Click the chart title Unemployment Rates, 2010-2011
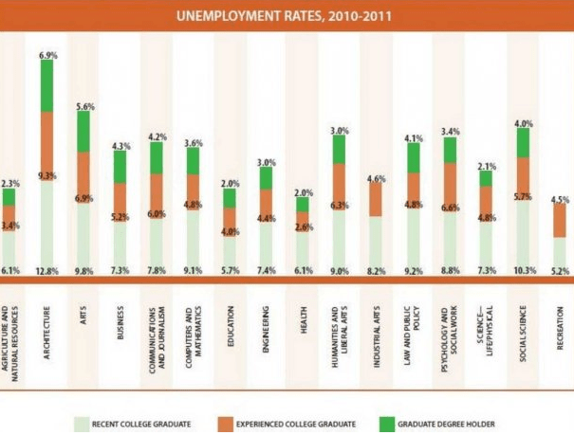point(287,15)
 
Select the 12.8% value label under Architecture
point(46,271)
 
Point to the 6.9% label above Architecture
point(47,57)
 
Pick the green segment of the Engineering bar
point(267,177)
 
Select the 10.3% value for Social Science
point(523,271)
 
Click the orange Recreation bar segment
point(561,220)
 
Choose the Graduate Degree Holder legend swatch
point(387,424)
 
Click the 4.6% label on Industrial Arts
point(377,177)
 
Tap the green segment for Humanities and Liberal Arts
point(340,149)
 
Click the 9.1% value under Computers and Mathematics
point(194,271)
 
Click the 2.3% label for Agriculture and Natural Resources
point(9,184)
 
